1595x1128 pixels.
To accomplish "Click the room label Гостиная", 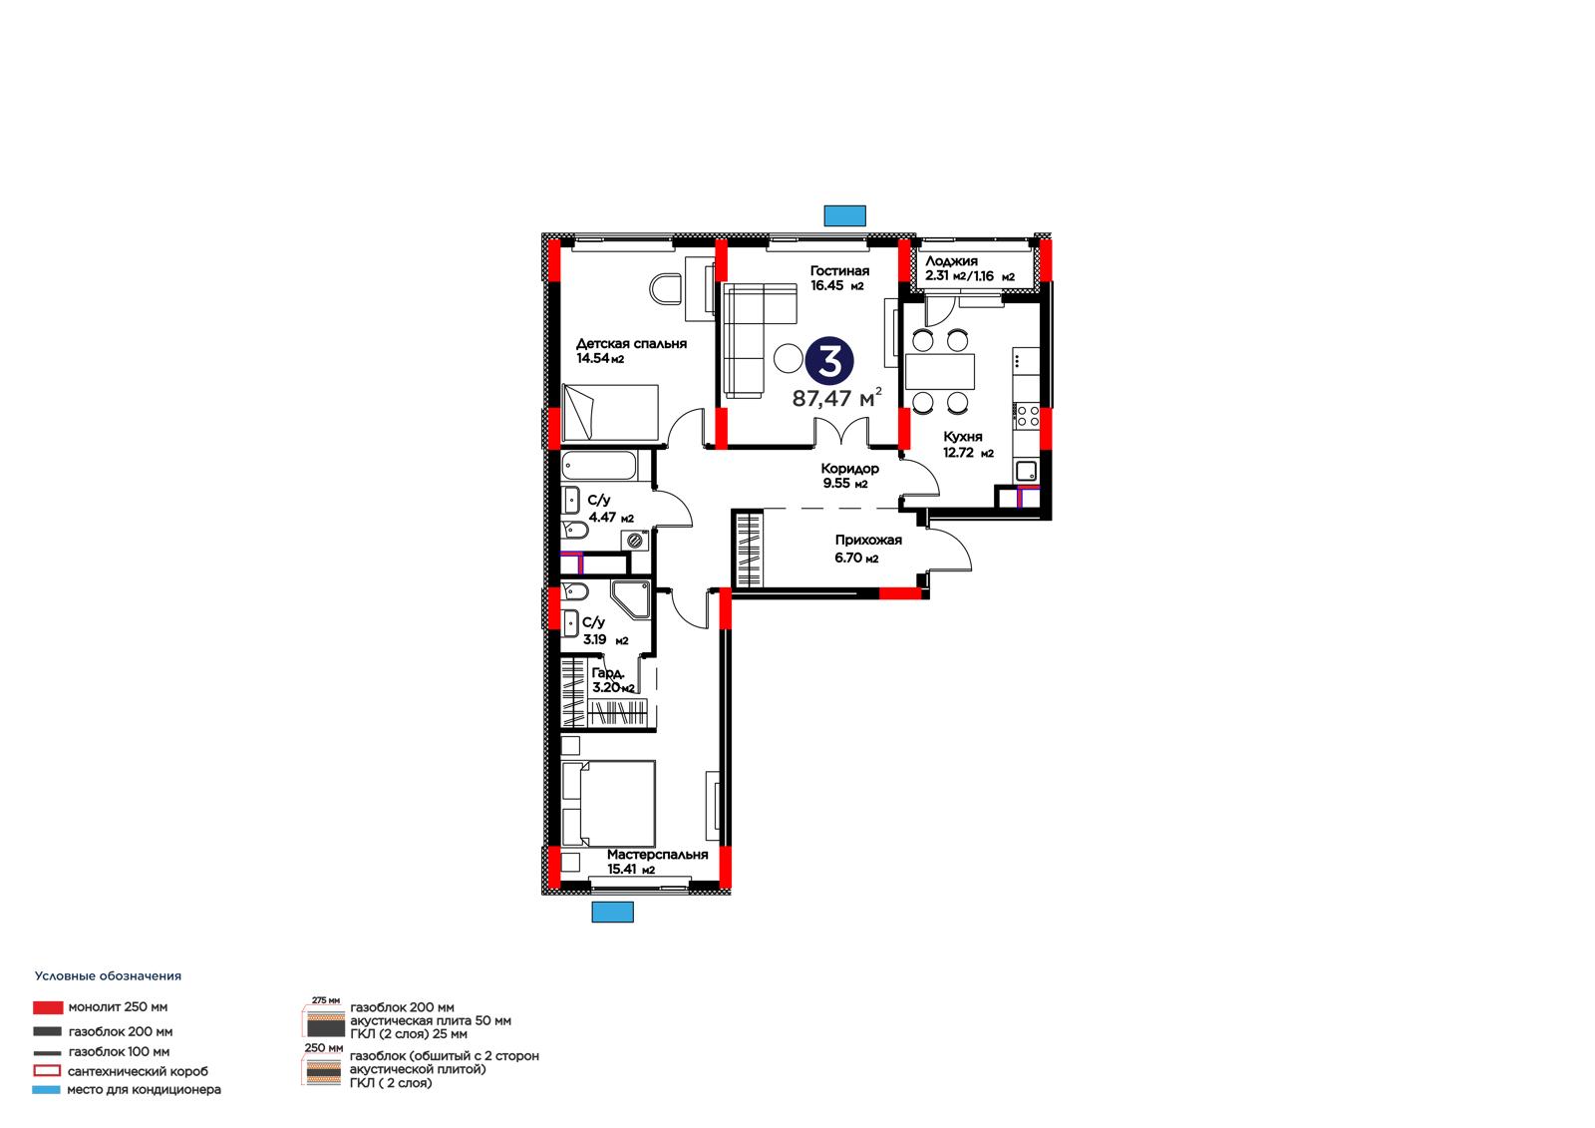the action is point(839,270).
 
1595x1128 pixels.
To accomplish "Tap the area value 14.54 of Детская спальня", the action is point(592,358).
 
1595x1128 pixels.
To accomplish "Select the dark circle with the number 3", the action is point(828,361).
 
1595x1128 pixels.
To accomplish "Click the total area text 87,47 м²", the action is point(836,397).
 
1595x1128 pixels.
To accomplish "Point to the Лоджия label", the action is point(951,260).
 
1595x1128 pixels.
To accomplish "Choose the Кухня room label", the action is point(963,437).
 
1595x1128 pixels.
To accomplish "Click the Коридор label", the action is point(849,468).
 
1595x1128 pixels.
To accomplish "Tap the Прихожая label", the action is point(868,541).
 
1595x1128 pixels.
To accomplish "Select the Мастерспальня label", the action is point(657,855).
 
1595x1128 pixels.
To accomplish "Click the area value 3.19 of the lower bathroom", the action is point(594,639).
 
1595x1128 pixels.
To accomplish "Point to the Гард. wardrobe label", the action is point(608,672).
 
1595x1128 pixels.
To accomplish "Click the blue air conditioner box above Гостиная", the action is point(844,215).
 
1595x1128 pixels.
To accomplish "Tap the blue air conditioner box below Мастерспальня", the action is point(612,912).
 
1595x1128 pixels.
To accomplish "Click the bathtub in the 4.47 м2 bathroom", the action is point(599,466).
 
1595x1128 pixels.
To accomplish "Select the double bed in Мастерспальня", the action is point(608,804).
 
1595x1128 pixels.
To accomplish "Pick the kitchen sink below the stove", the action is point(1026,471).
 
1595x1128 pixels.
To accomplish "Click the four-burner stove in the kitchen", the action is point(1028,416).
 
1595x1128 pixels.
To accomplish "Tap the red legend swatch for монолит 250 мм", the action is point(48,1007).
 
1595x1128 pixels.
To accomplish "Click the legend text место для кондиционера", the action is point(144,1089).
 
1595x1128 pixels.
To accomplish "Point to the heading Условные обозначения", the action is point(109,976).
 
